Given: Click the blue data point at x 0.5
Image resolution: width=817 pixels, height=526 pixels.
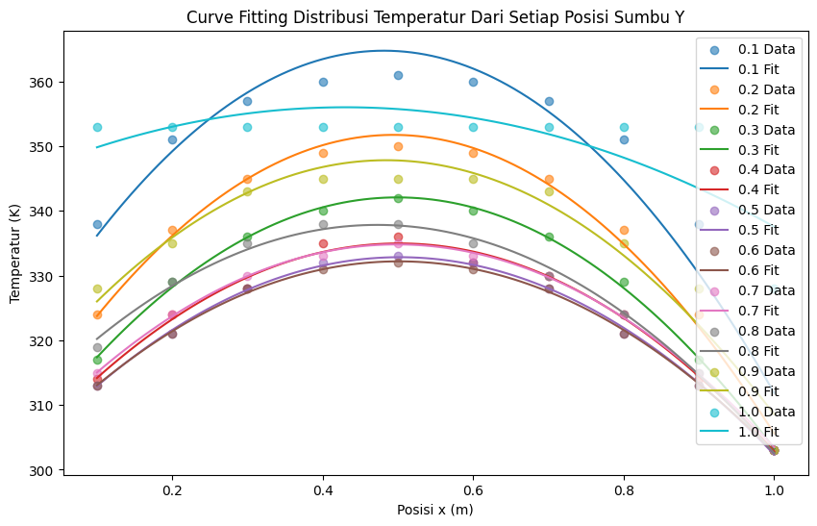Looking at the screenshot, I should point(398,75).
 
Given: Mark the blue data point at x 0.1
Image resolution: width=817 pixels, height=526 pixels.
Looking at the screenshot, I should point(97,224).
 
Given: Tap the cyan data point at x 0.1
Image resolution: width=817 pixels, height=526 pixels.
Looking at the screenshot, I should point(97,127).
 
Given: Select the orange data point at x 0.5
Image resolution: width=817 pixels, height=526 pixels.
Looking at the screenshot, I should point(398,146).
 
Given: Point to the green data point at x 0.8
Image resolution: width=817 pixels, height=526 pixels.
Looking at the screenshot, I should point(624,282).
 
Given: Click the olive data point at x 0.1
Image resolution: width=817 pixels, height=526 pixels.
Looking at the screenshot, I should point(97,288).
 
